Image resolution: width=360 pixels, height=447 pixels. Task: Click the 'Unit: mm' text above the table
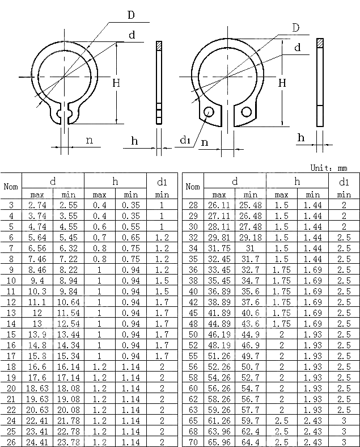tap(328, 168)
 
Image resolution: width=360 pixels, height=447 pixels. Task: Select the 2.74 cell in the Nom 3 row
tap(37, 205)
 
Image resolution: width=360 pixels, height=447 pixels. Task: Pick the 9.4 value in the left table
tap(37, 281)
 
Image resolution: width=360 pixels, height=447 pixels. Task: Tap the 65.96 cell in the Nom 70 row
tap(219, 441)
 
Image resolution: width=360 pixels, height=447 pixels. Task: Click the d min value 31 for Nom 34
tap(251, 248)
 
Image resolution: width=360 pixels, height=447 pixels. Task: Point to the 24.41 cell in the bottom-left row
tap(37, 441)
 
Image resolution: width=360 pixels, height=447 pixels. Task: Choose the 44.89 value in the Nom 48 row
tap(219, 324)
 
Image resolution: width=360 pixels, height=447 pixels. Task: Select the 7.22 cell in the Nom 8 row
tap(69, 259)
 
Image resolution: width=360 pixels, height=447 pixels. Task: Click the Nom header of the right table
tap(193, 187)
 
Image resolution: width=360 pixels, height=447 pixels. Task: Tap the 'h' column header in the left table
tap(115, 181)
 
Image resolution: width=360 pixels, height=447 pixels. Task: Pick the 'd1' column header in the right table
tap(344, 182)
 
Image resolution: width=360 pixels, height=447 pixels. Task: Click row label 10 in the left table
tap(11, 281)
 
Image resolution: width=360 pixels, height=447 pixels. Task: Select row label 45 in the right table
tap(193, 313)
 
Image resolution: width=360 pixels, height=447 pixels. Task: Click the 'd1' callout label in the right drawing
tap(185, 140)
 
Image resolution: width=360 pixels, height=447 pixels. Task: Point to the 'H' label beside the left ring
tap(116, 83)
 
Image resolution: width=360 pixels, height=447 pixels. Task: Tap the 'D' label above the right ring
tap(295, 28)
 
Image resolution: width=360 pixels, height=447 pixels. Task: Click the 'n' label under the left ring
tap(89, 140)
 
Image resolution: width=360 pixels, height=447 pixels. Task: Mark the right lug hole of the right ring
tap(247, 111)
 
